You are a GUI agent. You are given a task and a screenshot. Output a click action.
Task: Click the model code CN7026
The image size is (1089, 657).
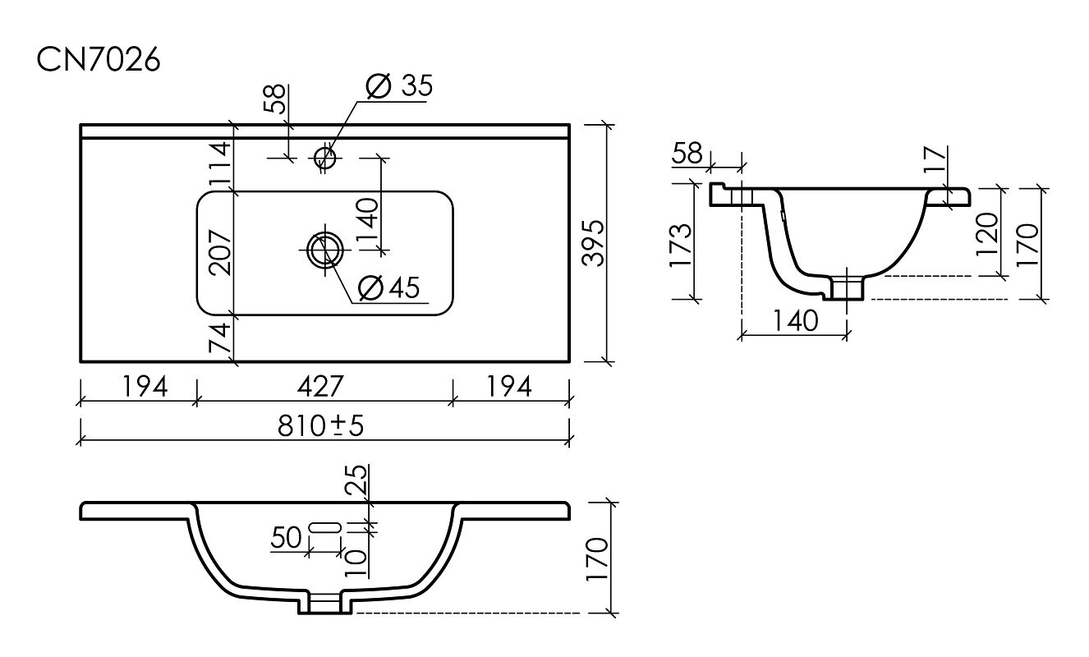[99, 61]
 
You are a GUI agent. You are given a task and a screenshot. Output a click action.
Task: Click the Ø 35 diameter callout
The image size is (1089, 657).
[399, 85]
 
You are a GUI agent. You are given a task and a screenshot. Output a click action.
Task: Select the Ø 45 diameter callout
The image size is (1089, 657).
[388, 287]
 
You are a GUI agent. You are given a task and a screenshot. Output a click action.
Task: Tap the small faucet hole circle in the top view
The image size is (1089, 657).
[324, 158]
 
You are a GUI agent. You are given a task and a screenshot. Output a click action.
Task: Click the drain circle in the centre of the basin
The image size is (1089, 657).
[324, 251]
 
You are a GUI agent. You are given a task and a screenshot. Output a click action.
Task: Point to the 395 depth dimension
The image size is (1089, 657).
[594, 243]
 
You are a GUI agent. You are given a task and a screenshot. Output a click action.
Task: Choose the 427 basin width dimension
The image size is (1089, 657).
[320, 387]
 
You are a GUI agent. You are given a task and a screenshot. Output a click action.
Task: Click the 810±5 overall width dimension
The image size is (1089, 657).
[320, 426]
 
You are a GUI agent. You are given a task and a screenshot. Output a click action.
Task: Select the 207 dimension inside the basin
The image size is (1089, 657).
[220, 253]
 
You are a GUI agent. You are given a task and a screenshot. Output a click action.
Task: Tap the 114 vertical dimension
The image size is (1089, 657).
[220, 163]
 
